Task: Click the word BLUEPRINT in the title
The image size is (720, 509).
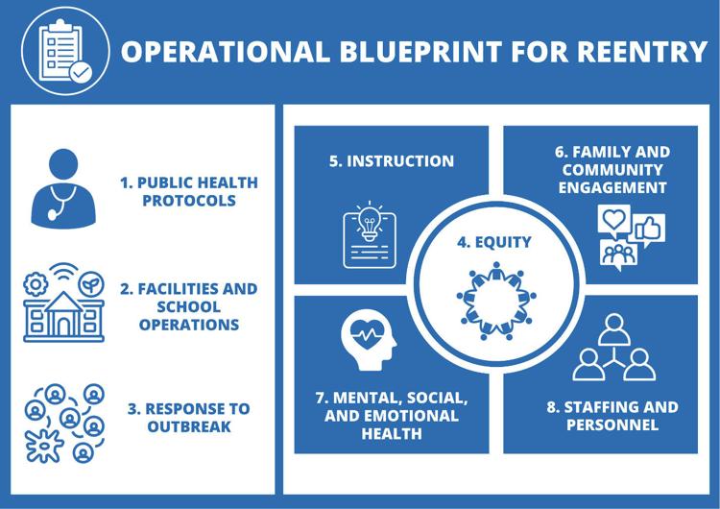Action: [x=420, y=51]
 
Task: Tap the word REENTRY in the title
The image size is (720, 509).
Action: [x=642, y=51]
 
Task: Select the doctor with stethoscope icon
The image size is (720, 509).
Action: [x=63, y=188]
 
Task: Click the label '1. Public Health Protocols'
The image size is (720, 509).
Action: [x=189, y=191]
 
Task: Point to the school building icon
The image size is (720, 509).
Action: [x=63, y=317]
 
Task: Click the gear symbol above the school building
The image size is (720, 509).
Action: [x=36, y=284]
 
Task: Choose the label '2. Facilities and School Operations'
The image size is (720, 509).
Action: [x=189, y=306]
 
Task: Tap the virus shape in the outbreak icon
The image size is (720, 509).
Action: [x=44, y=446]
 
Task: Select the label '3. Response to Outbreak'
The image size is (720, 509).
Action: [x=189, y=418]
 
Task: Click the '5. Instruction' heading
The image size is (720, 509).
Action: [x=392, y=161]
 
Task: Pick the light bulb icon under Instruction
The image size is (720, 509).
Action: [x=370, y=234]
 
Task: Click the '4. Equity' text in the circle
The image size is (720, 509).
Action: [x=494, y=242]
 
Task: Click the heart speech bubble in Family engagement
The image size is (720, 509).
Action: [x=614, y=221]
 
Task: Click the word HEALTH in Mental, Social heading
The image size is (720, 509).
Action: [x=392, y=434]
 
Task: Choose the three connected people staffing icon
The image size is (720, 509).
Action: [x=614, y=348]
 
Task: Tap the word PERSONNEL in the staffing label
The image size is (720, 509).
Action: [x=612, y=424]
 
